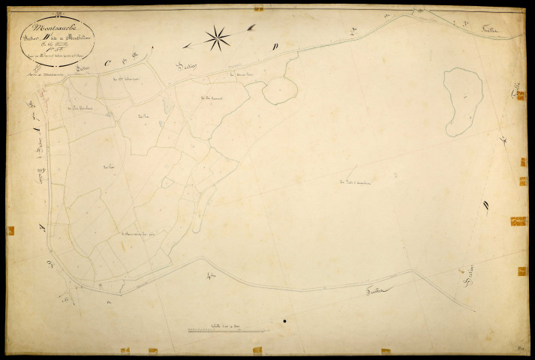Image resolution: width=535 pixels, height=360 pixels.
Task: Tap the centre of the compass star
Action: (x=217, y=37)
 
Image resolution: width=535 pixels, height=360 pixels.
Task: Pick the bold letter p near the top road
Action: (x=275, y=46)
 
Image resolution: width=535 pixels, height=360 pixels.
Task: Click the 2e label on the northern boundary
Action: (x=353, y=30)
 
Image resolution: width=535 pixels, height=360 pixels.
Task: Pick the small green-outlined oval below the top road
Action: (x=279, y=91)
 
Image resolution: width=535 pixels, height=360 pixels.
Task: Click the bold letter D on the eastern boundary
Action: (x=487, y=202)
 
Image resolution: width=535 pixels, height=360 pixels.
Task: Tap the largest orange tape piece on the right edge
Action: (x=518, y=221)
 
